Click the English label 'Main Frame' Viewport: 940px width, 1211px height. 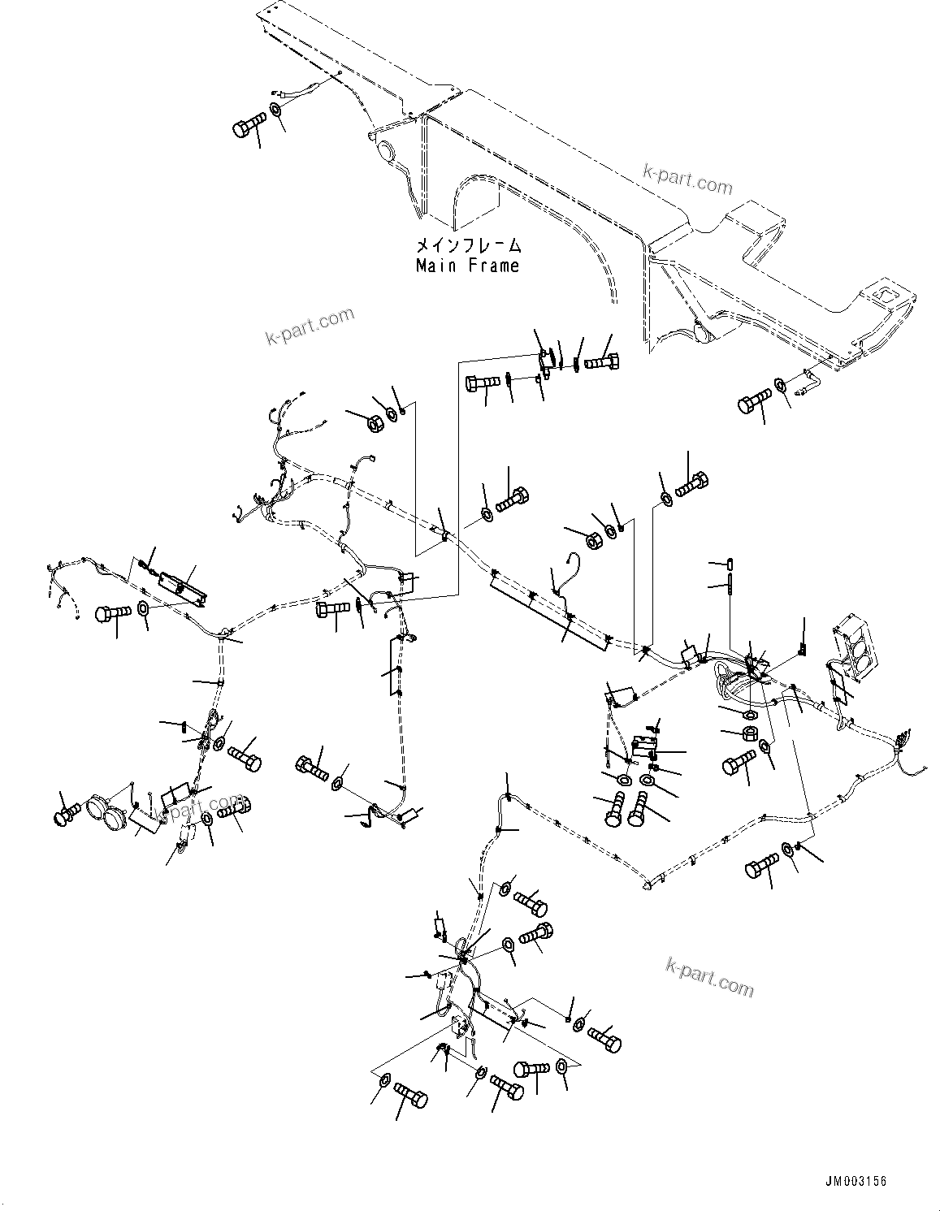point(467,266)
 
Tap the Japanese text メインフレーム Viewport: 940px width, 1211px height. point(467,244)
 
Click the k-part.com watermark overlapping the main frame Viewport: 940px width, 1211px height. point(687,179)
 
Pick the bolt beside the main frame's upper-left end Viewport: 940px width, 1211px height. point(249,127)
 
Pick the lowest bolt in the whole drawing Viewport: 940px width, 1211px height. point(410,1101)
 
